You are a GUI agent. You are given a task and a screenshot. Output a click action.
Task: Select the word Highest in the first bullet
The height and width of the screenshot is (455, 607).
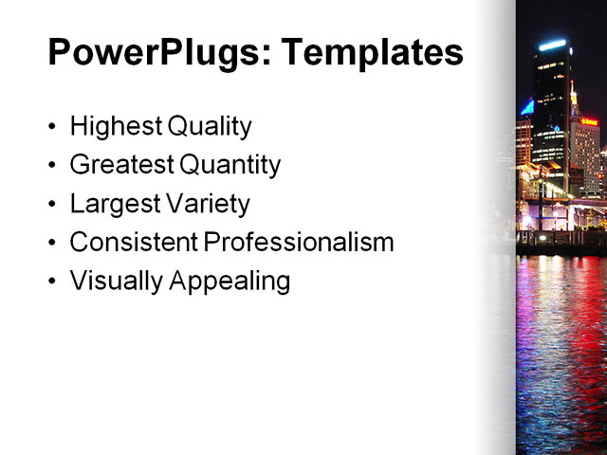[x=115, y=126]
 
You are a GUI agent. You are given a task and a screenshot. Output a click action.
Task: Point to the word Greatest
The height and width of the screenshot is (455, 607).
[x=120, y=165]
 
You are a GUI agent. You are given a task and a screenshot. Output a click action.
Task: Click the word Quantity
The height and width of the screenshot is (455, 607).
[x=230, y=165]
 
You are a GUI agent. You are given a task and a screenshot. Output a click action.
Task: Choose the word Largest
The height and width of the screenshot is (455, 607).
[x=111, y=204]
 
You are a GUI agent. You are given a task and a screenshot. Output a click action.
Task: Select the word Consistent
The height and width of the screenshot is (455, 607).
[x=133, y=243]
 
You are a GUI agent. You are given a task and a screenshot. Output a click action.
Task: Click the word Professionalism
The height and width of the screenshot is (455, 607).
[x=299, y=243]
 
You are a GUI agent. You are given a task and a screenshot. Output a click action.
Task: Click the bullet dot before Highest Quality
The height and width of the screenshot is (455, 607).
[x=52, y=127]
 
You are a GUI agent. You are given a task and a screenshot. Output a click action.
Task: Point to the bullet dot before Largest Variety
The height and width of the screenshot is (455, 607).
[x=52, y=205]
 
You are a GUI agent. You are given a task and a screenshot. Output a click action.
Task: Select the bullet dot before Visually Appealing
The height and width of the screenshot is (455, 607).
[x=52, y=282]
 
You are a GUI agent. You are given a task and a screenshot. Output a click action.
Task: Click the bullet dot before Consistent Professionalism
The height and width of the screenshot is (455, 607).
[x=52, y=244]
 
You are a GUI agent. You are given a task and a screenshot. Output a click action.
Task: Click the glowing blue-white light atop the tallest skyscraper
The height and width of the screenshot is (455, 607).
[x=552, y=45]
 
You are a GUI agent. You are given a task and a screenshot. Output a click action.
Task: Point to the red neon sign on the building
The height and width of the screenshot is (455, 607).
[x=589, y=121]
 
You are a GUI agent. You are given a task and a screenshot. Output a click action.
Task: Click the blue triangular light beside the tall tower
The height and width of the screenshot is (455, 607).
[x=526, y=107]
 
